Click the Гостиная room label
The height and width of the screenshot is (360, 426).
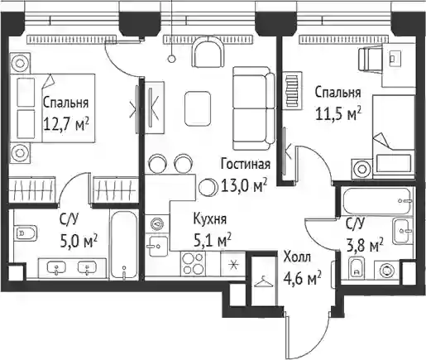click(x=246, y=165)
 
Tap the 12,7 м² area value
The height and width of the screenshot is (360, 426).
click(x=66, y=126)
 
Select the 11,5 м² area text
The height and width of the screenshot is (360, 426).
click(x=338, y=114)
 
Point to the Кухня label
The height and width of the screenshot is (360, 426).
click(x=210, y=219)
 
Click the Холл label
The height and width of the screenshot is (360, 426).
click(x=297, y=257)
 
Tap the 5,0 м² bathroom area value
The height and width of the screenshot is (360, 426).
click(x=79, y=241)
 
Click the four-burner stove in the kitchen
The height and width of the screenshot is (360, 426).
click(x=193, y=263)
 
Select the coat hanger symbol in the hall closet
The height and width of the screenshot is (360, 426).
click(x=264, y=282)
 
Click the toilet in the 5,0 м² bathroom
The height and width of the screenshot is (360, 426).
click(x=26, y=233)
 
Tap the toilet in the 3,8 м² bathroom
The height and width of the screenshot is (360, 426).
click(x=357, y=266)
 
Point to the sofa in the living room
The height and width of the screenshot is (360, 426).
click(x=254, y=108)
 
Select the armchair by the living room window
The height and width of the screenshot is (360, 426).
click(x=208, y=52)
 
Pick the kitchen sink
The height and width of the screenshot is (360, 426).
click(x=157, y=247)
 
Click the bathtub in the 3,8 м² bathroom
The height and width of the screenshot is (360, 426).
click(x=377, y=201)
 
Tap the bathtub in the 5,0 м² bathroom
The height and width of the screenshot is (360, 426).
click(x=124, y=245)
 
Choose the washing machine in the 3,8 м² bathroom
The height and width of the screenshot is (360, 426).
click(x=386, y=269)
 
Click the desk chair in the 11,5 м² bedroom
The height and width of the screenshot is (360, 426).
click(x=370, y=59)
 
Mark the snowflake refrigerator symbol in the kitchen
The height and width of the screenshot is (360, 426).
click(x=233, y=265)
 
